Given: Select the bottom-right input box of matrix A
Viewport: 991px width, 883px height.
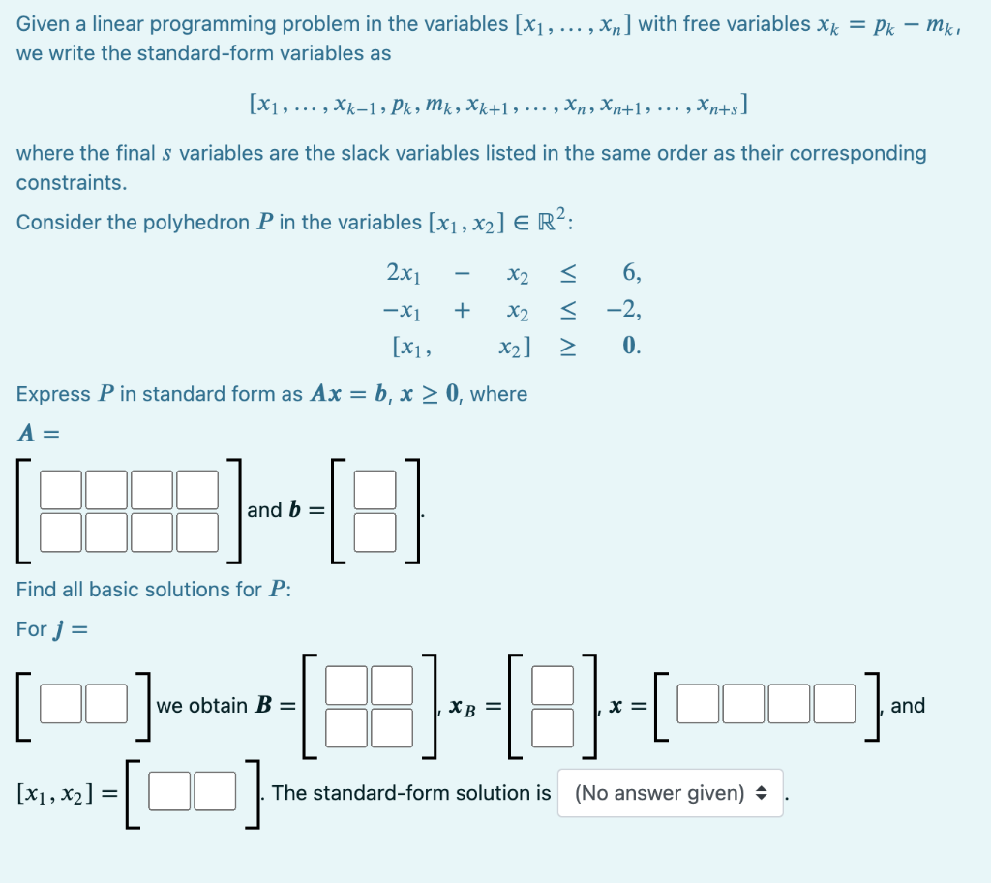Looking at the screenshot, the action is coord(197,531).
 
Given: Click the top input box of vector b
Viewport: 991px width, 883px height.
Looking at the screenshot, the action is coord(380,489).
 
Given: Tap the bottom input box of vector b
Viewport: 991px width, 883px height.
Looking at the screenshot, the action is coord(380,531).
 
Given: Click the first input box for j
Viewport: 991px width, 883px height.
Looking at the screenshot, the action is coord(61,704).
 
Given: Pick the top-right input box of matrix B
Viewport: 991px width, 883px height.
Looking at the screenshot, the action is coord(392,684).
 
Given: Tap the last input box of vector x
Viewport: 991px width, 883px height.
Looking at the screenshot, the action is coord(835,704).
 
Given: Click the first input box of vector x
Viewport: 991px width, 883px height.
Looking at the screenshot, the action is coord(697,704).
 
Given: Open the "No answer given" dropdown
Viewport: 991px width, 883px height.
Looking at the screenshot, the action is coord(670,793).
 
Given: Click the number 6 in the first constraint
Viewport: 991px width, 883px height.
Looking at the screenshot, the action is coord(631,274).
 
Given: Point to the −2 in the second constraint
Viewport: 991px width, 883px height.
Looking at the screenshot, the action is coord(621,310).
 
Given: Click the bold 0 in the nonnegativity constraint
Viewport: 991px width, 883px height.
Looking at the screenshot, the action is coord(631,346).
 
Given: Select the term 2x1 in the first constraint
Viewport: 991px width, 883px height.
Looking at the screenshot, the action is coord(404,274).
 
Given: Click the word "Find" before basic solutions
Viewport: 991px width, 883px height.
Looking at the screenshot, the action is coord(35,590).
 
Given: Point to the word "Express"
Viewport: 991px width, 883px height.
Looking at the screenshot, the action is coord(54,394).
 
